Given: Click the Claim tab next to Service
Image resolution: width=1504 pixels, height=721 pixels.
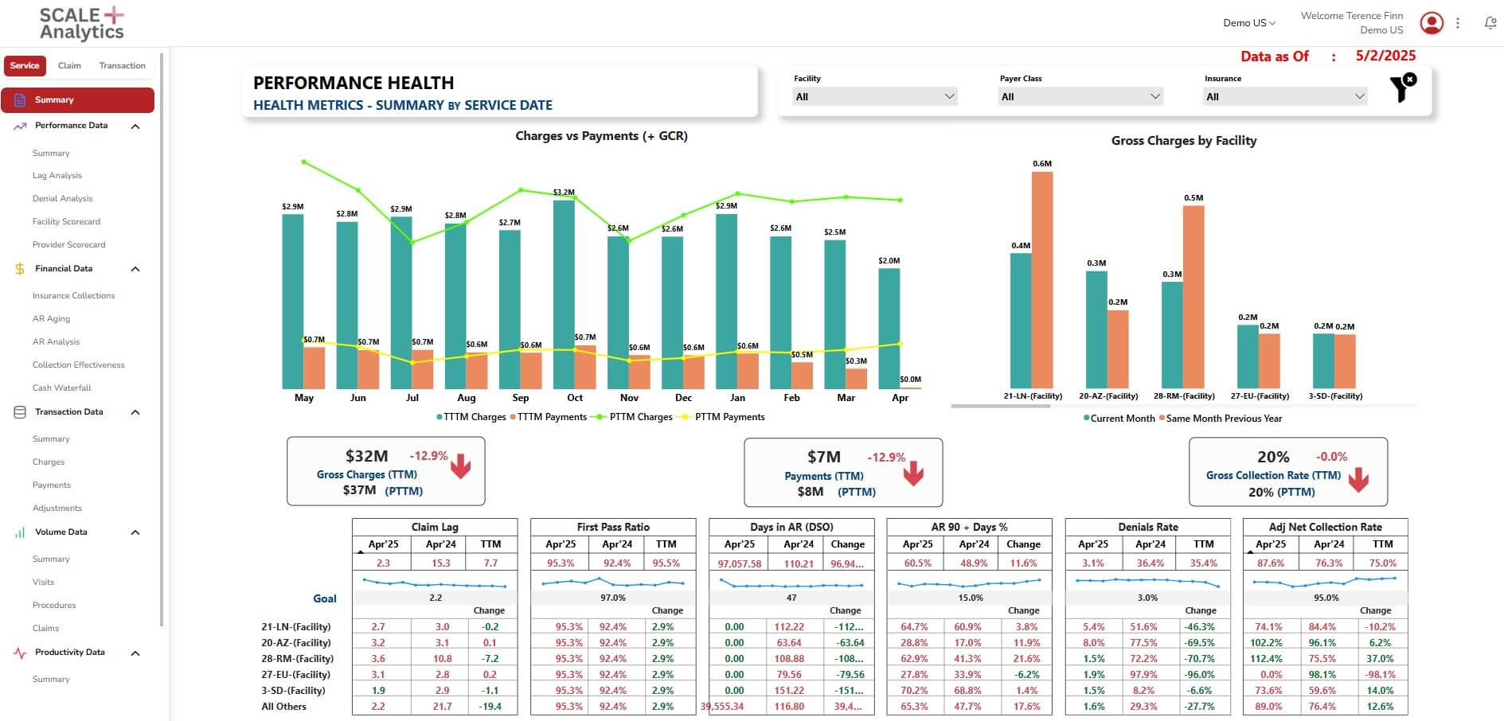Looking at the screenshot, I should [x=69, y=66].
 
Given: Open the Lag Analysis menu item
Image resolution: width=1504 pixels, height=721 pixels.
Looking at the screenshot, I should [x=57, y=176].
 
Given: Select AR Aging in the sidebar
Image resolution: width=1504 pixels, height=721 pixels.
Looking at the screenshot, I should [x=51, y=319].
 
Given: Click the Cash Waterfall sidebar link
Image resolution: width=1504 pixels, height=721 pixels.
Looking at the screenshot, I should [x=62, y=388].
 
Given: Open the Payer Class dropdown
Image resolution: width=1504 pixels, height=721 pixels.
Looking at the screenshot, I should [x=1080, y=97].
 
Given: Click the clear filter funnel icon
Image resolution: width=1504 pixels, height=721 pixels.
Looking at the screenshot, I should [x=1402, y=88].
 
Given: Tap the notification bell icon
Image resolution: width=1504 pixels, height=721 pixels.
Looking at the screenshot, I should [x=1490, y=24].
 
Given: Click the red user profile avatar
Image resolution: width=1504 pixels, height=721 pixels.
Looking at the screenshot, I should [x=1432, y=23].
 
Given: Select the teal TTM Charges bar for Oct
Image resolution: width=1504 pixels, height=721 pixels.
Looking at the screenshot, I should [x=564, y=294].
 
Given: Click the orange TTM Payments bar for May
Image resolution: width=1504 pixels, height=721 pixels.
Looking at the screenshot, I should [x=314, y=368].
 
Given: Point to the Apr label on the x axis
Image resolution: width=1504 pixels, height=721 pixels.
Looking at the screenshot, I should [x=900, y=398].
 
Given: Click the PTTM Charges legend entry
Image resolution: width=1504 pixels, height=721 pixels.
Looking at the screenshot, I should [x=635, y=417].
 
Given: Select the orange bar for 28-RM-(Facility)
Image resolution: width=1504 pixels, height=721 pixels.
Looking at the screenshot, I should [x=1193, y=297].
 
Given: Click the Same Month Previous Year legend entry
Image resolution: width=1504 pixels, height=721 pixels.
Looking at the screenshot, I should [x=1223, y=419].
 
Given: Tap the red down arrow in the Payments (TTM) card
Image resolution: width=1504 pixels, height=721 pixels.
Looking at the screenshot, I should [x=913, y=474].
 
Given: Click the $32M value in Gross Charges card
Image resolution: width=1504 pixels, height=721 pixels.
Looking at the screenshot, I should [x=366, y=456].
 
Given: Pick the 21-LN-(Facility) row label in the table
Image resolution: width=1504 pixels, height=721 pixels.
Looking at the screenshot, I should [x=295, y=627].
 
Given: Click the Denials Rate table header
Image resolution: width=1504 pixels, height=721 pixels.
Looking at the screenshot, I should [x=1147, y=527].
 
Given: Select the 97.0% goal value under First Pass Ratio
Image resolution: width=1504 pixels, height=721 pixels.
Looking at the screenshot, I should [x=612, y=598].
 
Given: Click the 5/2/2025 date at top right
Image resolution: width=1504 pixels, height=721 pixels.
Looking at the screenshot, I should [x=1385, y=56].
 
